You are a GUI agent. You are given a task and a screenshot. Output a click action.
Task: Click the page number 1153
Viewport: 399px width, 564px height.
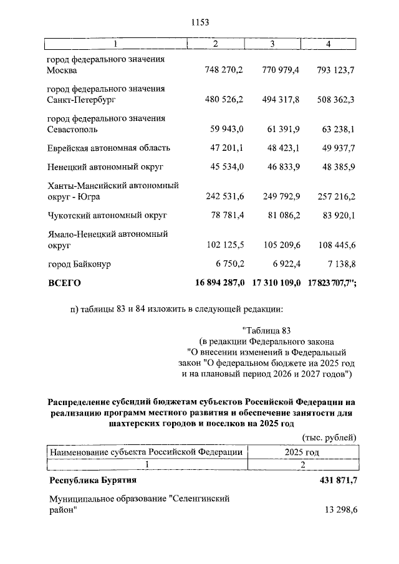199,22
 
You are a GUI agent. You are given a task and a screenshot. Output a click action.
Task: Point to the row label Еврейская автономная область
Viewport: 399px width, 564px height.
109,148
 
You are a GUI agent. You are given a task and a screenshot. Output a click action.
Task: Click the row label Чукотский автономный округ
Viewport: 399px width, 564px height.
108,216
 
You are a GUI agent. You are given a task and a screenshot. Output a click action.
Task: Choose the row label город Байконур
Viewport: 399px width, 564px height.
79,264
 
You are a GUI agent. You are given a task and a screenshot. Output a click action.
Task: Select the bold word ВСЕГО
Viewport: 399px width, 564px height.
65,283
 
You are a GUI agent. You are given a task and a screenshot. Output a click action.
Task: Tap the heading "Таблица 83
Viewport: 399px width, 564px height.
266,330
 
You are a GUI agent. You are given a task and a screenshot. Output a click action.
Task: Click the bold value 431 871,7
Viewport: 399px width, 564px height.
337,480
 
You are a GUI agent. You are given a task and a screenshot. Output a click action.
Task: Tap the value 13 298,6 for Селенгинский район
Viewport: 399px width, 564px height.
340,510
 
